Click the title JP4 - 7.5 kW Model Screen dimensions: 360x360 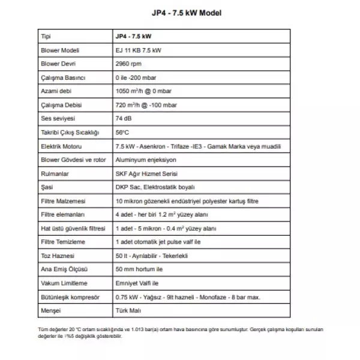coord(179,12)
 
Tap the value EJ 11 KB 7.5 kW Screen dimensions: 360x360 coord(137,50)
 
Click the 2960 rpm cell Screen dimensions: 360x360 coord(127,64)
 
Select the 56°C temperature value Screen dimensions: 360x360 coord(122,133)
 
